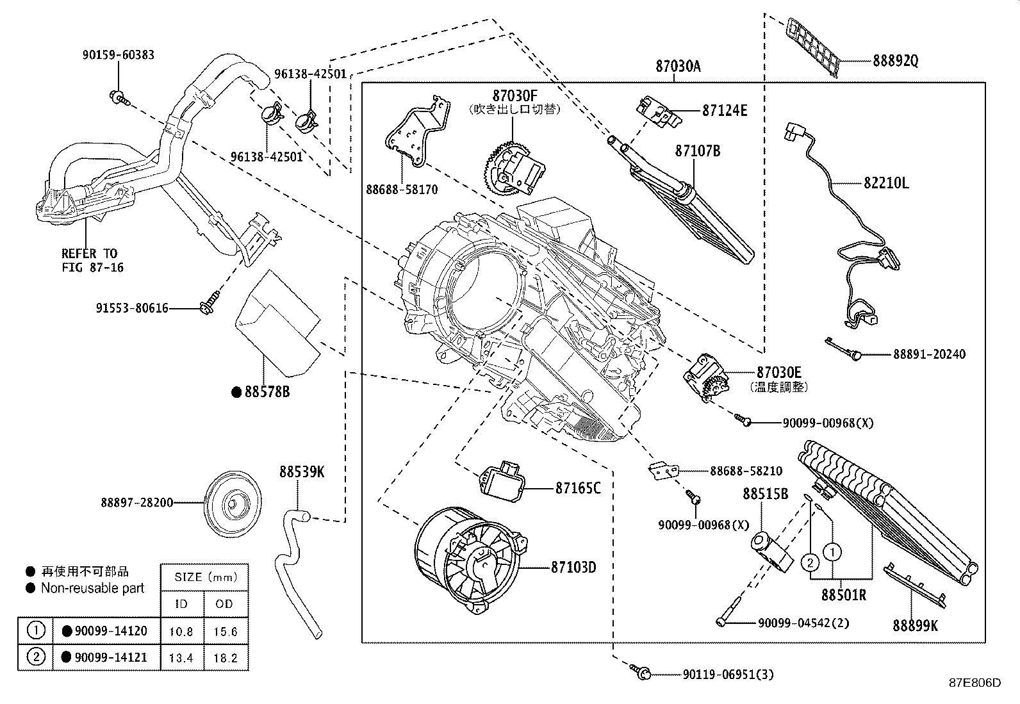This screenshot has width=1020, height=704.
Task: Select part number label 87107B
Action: click(x=698, y=151)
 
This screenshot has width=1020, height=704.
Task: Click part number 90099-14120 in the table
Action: click(x=111, y=631)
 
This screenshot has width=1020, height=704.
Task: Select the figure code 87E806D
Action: click(x=975, y=682)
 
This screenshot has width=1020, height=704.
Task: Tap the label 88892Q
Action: click(x=896, y=61)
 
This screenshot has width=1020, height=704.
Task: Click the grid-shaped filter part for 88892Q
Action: click(x=814, y=45)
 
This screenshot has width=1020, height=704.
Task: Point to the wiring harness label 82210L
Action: click(x=886, y=183)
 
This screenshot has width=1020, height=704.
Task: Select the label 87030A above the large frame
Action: click(x=678, y=66)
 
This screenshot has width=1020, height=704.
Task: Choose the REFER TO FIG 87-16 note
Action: click(x=89, y=260)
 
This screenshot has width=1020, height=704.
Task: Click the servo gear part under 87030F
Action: click(x=513, y=169)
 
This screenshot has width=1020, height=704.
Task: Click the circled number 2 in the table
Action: click(x=37, y=657)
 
